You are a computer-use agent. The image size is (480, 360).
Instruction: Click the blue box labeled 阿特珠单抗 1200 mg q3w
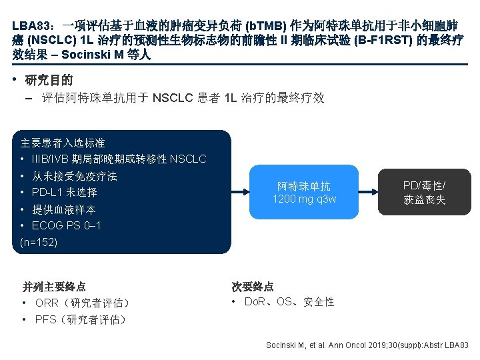304,193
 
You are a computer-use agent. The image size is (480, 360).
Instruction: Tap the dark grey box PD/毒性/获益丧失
424,192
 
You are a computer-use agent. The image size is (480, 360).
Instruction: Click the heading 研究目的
49,81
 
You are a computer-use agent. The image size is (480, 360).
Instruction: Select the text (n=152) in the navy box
39,242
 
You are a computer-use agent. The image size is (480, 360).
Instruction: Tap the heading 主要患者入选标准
63,143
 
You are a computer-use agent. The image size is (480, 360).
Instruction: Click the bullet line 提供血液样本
63,209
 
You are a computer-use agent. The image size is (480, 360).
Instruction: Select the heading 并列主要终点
54,287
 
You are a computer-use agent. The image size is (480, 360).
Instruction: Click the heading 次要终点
253,287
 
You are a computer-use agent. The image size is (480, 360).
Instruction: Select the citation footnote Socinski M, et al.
367,345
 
